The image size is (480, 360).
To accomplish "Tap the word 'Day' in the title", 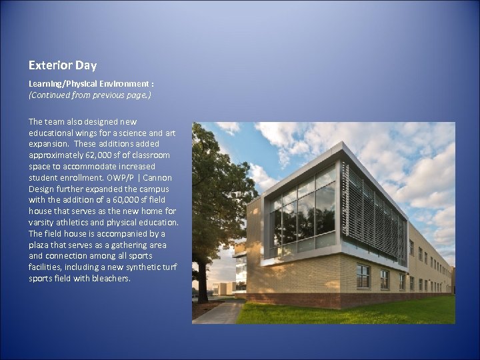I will click(x=85, y=65).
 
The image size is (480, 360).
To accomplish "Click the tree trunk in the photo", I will click(x=202, y=280).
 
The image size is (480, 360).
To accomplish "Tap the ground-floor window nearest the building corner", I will click(x=363, y=275).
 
